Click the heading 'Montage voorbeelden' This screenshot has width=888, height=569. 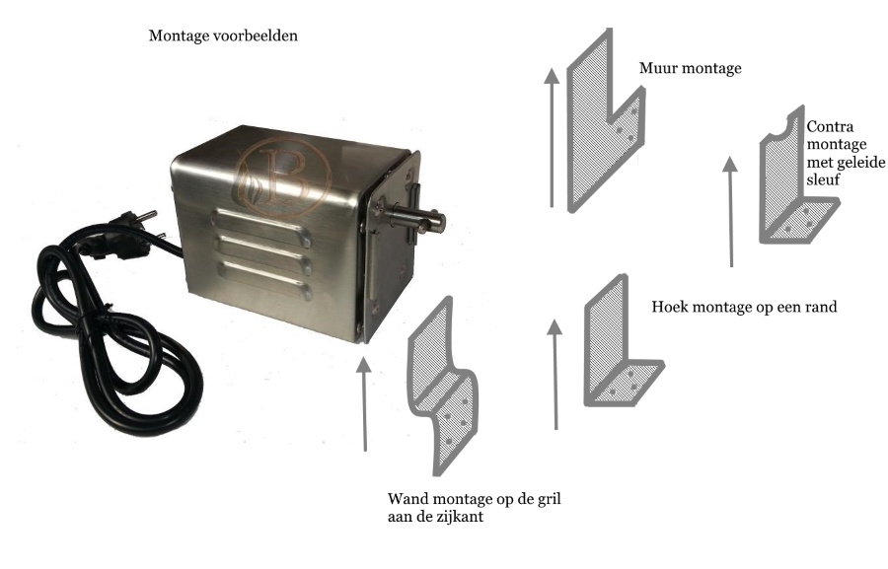click(223, 36)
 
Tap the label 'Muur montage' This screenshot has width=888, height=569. click(690, 68)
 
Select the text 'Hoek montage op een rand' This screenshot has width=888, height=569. click(744, 307)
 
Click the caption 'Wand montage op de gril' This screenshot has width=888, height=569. click(474, 499)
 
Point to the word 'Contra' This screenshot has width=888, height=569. click(830, 126)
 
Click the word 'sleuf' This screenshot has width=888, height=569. click(823, 180)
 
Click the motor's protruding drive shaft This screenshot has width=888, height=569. click(419, 220)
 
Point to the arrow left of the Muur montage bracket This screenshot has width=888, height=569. click(552, 138)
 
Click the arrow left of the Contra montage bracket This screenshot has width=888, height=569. click(730, 212)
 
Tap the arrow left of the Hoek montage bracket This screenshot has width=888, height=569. click(555, 374)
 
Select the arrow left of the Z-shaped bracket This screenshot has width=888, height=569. click(364, 403)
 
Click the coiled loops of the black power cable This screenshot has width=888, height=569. click(113, 334)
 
